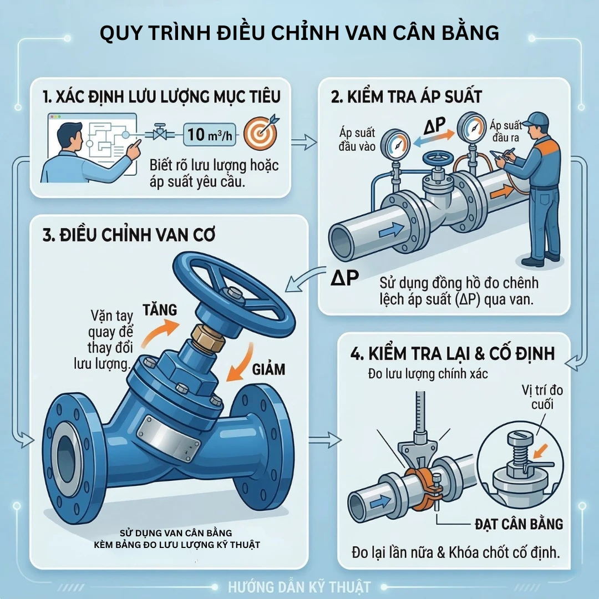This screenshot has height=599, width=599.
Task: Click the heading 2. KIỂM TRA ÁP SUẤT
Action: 407,97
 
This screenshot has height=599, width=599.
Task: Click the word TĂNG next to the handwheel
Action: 159,309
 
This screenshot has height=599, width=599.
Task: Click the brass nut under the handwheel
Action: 208,338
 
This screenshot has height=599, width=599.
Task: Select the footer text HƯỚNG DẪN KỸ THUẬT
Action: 299,587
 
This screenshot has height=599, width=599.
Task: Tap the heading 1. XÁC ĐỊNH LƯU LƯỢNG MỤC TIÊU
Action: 161,97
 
